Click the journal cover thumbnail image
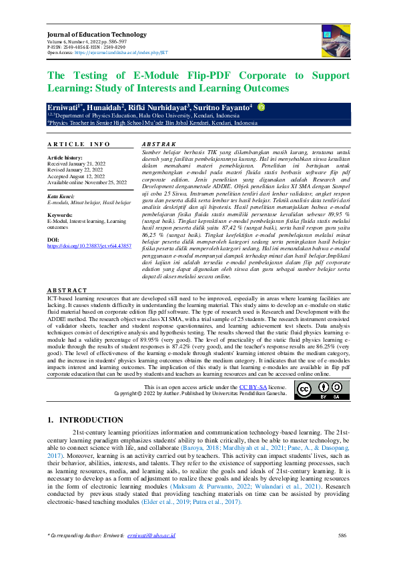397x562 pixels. coord(335,39)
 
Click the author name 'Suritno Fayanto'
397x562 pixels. coord(228,107)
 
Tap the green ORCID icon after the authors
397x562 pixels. coord(261,106)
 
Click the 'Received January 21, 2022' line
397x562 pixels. coord(76,164)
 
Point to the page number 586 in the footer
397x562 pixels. coord(342,536)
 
